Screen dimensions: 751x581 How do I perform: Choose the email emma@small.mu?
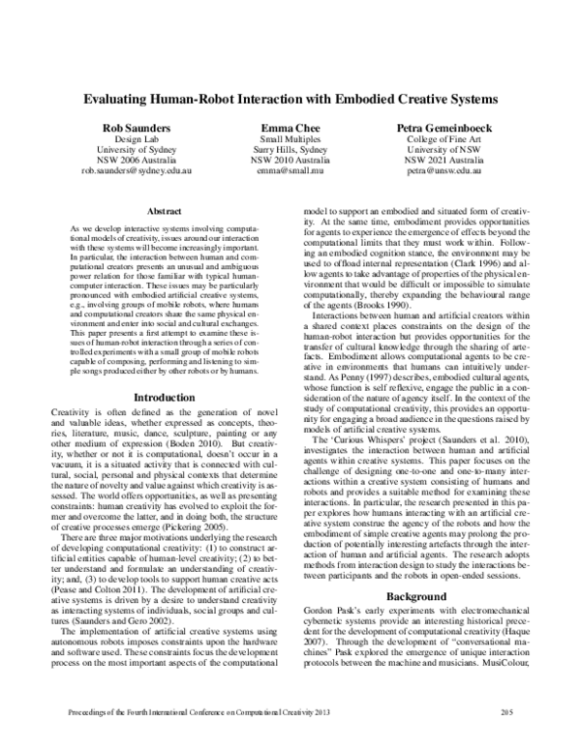pyautogui.click(x=290, y=169)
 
